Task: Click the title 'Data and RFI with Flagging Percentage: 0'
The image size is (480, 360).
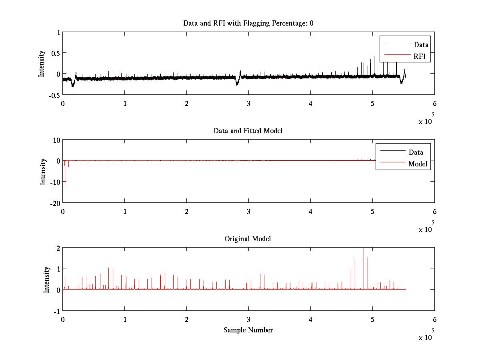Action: (248, 23)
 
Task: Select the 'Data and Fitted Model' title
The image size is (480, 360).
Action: (248, 131)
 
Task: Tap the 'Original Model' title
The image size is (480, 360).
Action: (248, 239)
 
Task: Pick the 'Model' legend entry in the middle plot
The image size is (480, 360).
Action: (418, 164)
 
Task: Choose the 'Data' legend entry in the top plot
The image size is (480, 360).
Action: (421, 45)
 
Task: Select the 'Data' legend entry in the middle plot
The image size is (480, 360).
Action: (416, 152)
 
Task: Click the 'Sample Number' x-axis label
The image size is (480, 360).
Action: (248, 330)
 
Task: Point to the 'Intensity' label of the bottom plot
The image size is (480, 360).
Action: (47, 279)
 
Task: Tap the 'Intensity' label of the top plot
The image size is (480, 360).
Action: (42, 64)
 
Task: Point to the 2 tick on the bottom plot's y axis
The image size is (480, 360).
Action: (58, 248)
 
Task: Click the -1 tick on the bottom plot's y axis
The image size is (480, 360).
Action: (56, 311)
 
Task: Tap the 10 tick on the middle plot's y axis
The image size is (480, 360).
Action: (56, 140)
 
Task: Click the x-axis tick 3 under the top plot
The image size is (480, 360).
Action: (248, 103)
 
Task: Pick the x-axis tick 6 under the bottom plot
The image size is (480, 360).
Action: (434, 320)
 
